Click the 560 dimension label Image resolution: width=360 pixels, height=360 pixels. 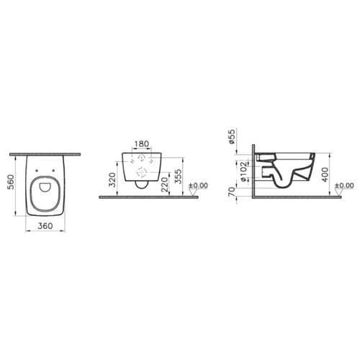(x=12, y=182)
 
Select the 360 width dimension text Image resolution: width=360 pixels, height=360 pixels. (x=45, y=226)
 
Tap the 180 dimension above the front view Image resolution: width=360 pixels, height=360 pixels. (x=141, y=144)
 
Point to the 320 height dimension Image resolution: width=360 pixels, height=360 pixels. (x=112, y=179)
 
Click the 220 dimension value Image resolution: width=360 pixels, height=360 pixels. (x=165, y=184)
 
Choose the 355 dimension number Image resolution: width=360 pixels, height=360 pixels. (x=178, y=176)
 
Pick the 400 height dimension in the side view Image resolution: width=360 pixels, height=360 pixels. (x=325, y=175)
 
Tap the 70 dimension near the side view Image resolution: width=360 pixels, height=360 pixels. (x=232, y=192)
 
